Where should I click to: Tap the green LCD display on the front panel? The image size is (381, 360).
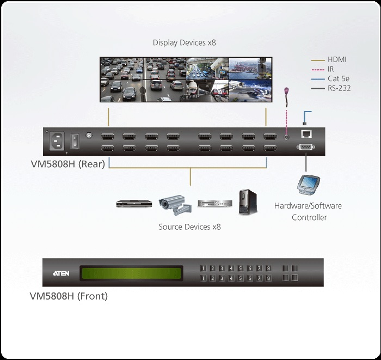[x=131, y=272]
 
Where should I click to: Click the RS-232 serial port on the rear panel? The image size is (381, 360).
[x=306, y=147]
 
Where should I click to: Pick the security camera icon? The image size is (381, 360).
[x=175, y=205]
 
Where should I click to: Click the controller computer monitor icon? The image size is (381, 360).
[x=307, y=185]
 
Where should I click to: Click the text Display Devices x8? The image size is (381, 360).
[x=185, y=42]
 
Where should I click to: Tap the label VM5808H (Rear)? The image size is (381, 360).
[x=68, y=163]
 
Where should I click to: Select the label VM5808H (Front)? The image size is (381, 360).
[x=69, y=296]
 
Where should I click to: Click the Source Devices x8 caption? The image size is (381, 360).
[x=190, y=227]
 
